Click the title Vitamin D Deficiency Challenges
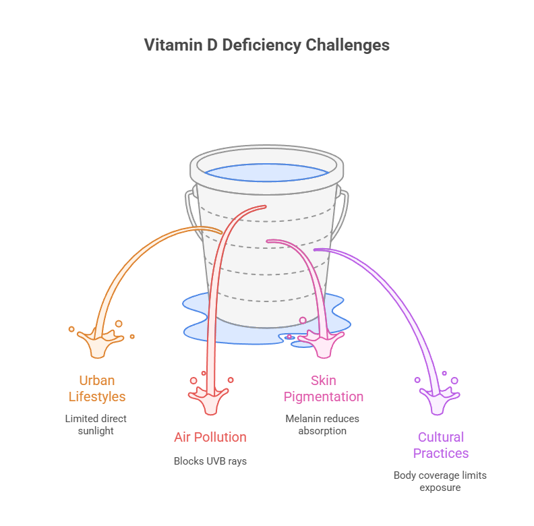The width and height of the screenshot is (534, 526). (x=267, y=45)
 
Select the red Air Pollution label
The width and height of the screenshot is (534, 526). (x=210, y=437)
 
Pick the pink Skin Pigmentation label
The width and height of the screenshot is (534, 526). (x=323, y=388)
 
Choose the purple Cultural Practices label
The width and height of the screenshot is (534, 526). (x=440, y=445)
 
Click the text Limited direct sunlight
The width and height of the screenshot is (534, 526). (x=96, y=424)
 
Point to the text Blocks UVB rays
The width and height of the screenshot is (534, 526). (x=210, y=461)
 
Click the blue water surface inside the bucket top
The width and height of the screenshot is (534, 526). (x=266, y=173)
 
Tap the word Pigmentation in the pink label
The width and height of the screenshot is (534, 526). (x=323, y=397)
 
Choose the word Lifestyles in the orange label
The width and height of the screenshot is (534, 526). (x=97, y=397)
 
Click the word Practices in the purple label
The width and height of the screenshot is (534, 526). (x=440, y=453)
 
